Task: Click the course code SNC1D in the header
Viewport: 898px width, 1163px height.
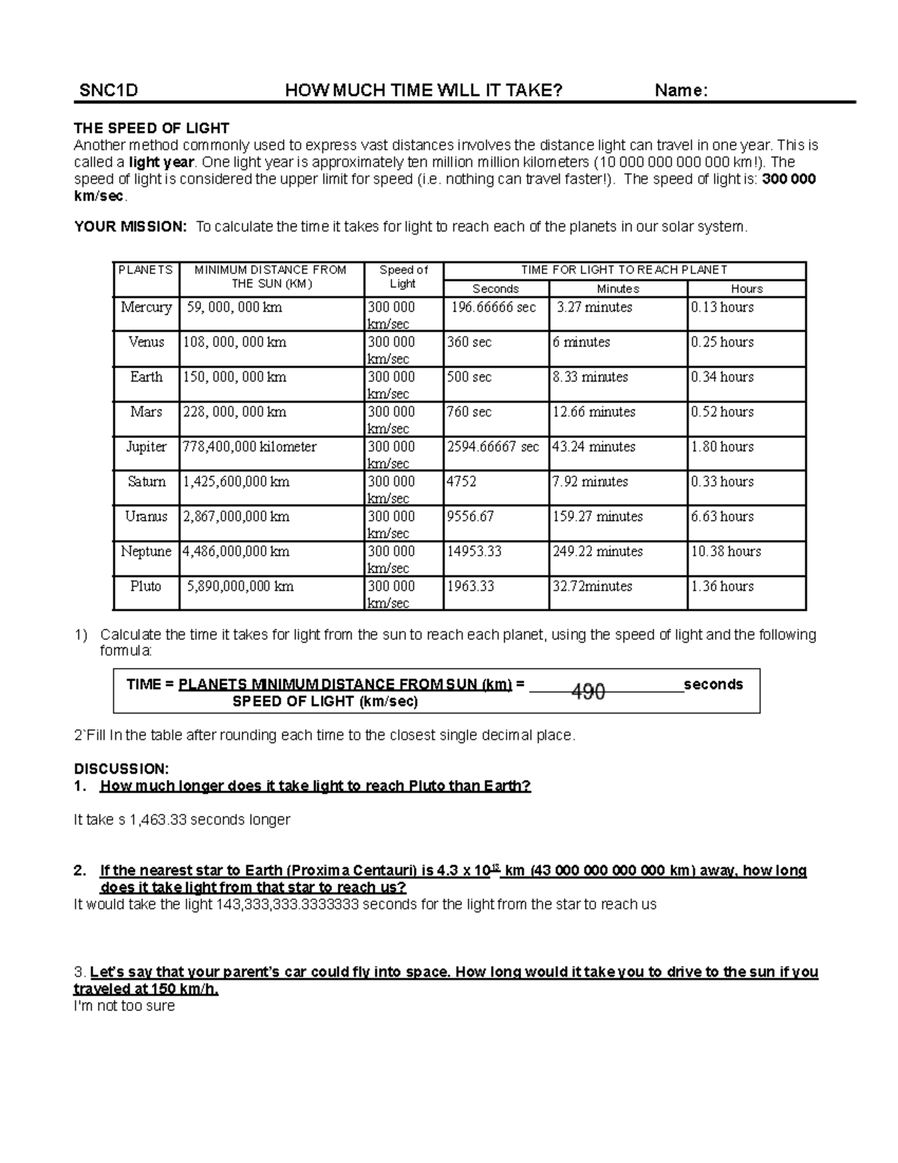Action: (109, 91)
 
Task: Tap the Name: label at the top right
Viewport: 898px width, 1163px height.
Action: (681, 91)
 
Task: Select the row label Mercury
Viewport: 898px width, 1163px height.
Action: (146, 307)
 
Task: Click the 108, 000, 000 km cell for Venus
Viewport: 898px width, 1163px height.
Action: (234, 342)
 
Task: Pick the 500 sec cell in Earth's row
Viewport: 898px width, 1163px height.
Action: (469, 377)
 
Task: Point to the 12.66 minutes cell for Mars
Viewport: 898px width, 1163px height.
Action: (593, 412)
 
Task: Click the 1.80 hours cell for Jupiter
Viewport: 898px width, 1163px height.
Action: (722, 447)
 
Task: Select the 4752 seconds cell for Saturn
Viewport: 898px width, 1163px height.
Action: (462, 482)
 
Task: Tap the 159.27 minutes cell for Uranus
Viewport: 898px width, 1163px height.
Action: (597, 517)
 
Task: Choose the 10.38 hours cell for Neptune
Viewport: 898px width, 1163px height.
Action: (726, 551)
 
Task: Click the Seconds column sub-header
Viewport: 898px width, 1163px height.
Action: (495, 289)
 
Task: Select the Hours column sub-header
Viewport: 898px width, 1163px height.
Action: (746, 289)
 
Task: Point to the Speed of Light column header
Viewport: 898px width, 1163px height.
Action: (403, 276)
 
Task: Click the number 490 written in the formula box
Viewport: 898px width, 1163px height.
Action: (588, 692)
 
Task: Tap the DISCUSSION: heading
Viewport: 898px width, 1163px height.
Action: (121, 769)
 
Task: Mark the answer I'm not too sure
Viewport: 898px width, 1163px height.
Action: (124, 1006)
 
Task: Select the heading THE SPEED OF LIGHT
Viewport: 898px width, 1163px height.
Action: (151, 128)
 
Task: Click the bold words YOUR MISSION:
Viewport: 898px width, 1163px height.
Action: (131, 227)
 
